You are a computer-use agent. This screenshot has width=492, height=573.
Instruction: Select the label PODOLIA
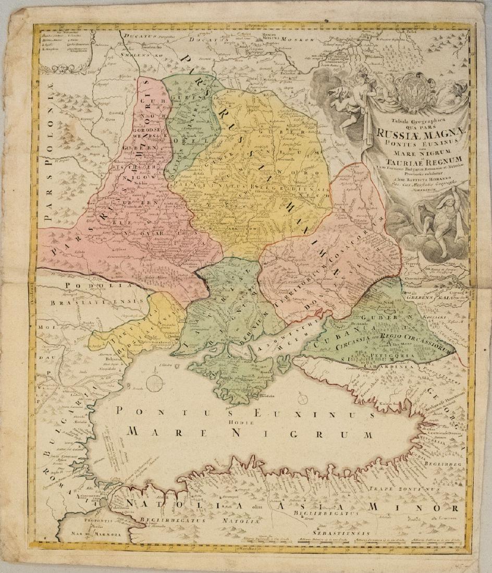click(x=89, y=285)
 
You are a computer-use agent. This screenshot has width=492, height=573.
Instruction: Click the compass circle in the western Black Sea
click(x=154, y=384)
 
